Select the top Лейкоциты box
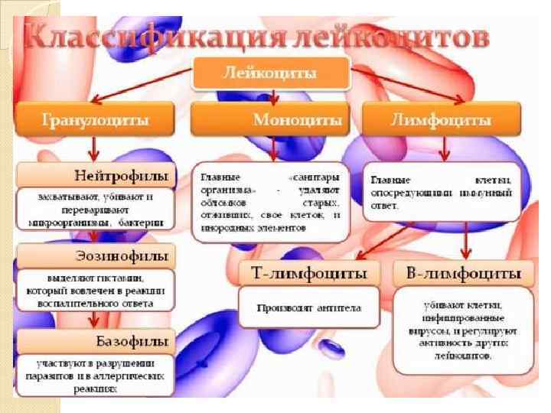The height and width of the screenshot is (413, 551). tap(269, 74)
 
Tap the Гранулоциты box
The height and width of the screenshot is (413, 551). tap(94, 120)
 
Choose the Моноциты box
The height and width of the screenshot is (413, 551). tap(269, 120)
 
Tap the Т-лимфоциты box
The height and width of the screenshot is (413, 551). tap(309, 272)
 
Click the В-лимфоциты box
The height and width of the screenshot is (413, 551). tap(463, 273)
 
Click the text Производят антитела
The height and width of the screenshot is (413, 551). tap(309, 308)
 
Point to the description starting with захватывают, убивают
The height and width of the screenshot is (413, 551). tap(96, 209)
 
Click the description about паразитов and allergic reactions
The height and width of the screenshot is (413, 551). tap(96, 375)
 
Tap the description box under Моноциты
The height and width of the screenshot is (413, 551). tap(269, 201)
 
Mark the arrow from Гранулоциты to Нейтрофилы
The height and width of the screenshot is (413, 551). tap(93, 148)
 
